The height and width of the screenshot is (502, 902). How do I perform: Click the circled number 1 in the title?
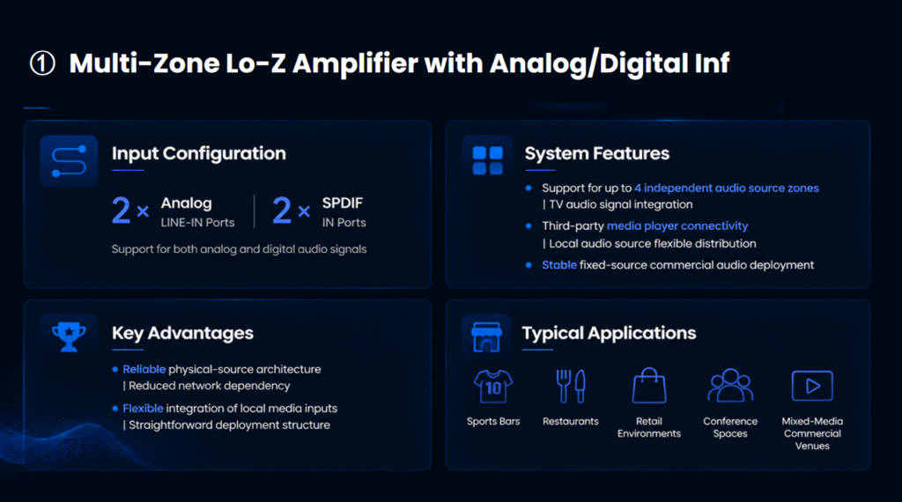tap(42, 63)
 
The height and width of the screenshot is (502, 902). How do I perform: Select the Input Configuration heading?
tap(198, 153)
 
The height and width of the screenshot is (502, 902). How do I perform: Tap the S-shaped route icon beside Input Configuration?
tap(69, 161)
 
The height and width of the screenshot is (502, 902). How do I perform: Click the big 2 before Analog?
tap(121, 210)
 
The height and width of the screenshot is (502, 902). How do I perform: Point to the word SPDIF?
tap(343, 203)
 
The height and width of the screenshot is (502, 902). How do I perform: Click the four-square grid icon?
tap(487, 160)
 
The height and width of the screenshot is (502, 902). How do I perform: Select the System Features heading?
tap(597, 153)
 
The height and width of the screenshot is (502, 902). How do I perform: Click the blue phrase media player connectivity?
tap(677, 226)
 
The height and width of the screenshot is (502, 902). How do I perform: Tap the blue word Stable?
tap(559, 265)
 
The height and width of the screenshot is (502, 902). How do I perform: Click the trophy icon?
tap(69, 336)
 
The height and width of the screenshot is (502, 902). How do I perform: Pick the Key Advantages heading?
tap(182, 333)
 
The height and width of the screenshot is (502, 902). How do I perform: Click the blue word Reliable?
tap(144, 369)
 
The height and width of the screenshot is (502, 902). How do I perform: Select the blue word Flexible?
tap(143, 409)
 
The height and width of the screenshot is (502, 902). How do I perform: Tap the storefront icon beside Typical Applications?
tap(486, 336)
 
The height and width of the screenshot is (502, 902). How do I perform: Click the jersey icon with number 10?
tap(493, 387)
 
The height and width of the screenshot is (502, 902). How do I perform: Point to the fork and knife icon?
tap(571, 386)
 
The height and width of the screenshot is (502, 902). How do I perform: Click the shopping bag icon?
tap(649, 385)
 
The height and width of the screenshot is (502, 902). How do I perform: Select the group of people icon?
tap(730, 385)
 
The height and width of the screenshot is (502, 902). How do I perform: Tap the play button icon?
tap(812, 386)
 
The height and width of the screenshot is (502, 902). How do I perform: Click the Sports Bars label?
tap(493, 422)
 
